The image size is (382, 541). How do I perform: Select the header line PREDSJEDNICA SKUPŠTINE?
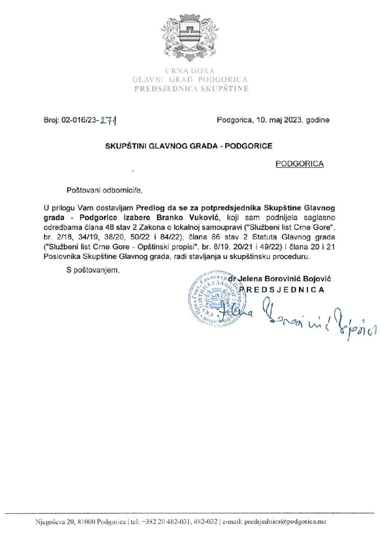(x=191, y=90)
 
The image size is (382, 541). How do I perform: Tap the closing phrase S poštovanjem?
(x=93, y=272)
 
